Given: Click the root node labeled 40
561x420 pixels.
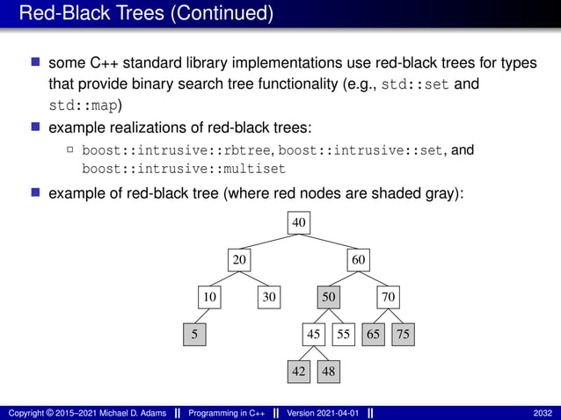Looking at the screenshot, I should click(299, 223).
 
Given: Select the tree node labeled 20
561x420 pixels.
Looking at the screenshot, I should click(239, 260).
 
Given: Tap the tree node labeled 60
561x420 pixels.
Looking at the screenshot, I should click(359, 260).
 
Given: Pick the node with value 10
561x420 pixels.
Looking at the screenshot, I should click(209, 297).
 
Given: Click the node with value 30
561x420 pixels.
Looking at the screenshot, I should click(269, 297).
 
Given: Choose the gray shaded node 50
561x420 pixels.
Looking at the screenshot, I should click(329, 297).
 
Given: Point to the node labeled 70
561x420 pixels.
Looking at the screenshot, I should click(389, 297).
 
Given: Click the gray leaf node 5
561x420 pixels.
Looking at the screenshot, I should click(194, 334).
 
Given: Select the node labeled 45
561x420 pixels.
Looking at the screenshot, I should click(314, 334).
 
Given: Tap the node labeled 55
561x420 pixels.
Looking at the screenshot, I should click(343, 334).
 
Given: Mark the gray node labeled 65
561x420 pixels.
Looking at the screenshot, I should click(374, 334).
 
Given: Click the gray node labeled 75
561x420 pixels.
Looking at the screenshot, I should click(403, 334).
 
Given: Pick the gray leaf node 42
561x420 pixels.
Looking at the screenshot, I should click(299, 371).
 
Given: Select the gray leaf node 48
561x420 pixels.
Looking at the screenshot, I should click(328, 371).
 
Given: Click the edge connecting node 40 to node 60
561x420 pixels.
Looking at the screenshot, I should click(330, 243).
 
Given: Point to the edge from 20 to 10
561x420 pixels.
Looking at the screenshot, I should click(223, 279).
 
